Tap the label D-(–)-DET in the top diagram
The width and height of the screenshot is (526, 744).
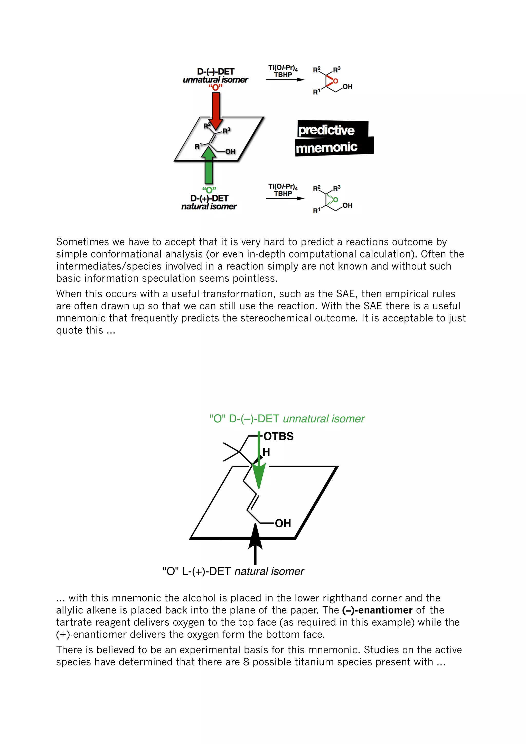click(215, 71)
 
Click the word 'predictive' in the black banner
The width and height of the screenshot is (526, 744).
click(326, 130)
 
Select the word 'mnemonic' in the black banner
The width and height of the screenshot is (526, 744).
click(326, 148)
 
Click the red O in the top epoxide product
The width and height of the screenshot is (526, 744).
click(335, 81)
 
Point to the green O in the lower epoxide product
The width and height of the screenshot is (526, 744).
click(335, 200)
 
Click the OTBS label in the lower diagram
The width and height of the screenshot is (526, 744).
click(278, 436)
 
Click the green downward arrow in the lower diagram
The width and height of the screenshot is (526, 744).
click(259, 467)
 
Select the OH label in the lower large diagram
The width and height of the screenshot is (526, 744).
click(283, 523)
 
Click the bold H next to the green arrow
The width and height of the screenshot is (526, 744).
click(266, 452)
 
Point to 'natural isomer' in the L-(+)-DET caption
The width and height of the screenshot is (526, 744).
click(269, 571)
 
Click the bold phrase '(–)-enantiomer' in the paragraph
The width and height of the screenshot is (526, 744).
click(377, 610)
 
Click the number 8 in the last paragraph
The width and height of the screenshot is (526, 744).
click(246, 662)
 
